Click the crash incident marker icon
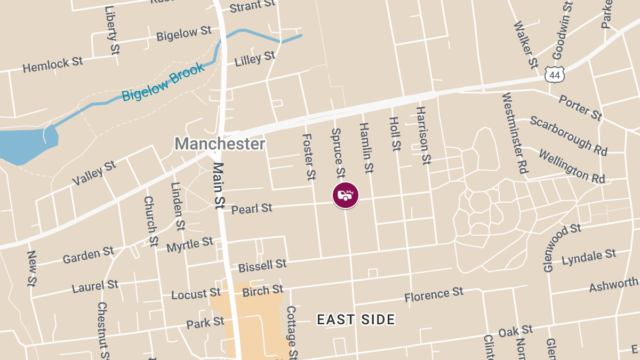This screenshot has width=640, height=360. point(346,195)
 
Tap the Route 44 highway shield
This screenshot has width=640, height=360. point(555,75)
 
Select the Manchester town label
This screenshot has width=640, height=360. point(220,143)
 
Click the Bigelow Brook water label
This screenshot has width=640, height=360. point(163,82)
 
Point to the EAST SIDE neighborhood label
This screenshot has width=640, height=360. point(356,319)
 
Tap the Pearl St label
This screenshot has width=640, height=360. point(252,209)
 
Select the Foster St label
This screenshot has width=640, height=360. point(308,156)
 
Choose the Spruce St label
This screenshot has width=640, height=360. point(338,153)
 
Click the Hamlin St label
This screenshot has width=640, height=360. point(366,148)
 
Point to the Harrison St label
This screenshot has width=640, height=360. point(423,135)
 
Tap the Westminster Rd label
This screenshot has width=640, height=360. point(515,133)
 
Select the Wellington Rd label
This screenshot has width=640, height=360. point(572,166)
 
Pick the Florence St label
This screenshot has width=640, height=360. point(434,294)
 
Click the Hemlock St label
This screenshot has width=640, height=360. point(53,65)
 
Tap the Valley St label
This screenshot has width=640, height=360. point(94,173)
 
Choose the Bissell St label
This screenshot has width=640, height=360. point(262,265)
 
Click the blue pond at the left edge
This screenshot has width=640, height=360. point(24,145)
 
